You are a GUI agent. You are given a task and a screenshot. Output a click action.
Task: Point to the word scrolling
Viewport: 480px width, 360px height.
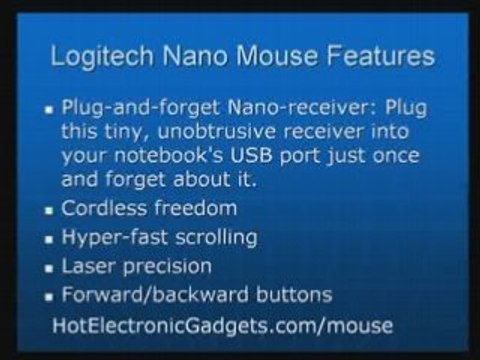coord(215,238)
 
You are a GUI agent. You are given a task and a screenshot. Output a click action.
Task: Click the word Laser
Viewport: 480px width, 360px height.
coord(89,267)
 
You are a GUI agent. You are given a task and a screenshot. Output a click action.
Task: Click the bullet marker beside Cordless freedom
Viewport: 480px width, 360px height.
coord(49,211)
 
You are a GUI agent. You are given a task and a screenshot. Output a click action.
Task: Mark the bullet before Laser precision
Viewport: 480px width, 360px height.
coord(49,269)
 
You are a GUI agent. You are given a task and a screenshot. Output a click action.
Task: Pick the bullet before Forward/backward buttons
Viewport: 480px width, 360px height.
coord(49,297)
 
